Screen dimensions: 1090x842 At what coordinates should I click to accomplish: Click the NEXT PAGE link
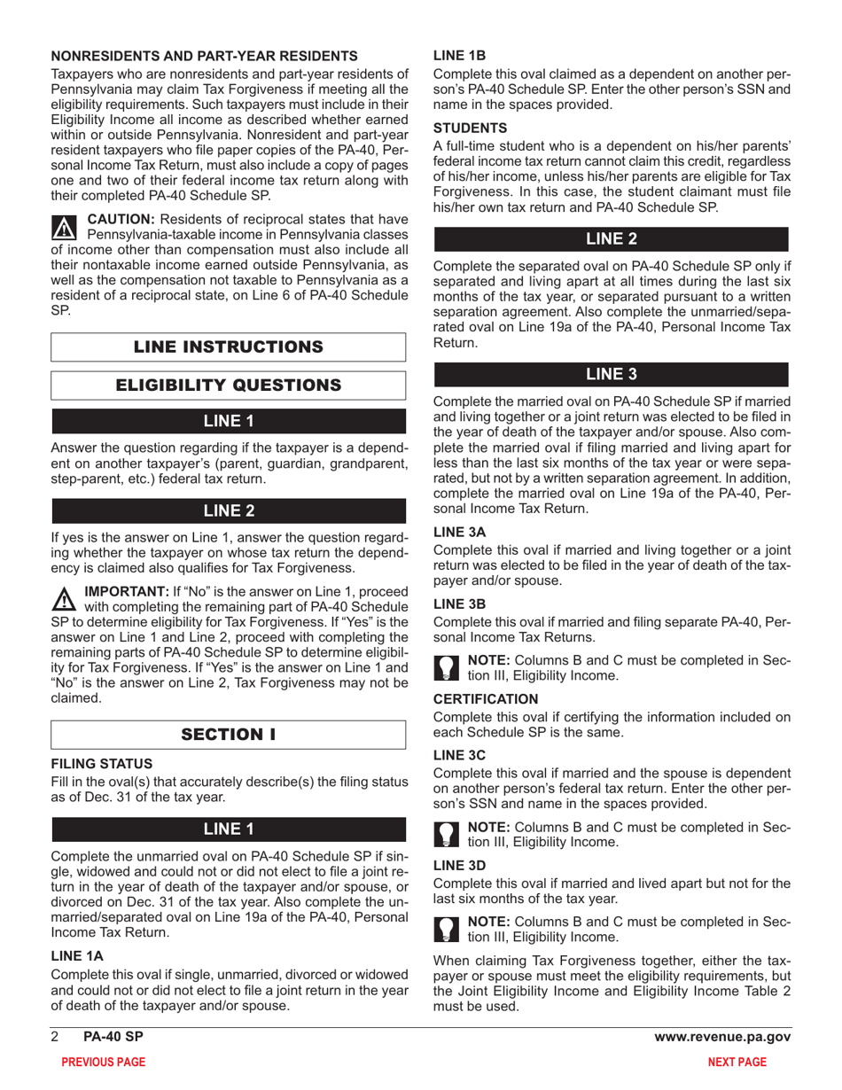click(742, 1062)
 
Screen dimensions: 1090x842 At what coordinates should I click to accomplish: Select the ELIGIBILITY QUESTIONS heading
click(229, 385)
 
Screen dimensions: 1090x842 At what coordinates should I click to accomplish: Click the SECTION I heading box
click(229, 735)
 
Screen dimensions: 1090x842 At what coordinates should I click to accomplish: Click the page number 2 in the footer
click(55, 1038)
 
